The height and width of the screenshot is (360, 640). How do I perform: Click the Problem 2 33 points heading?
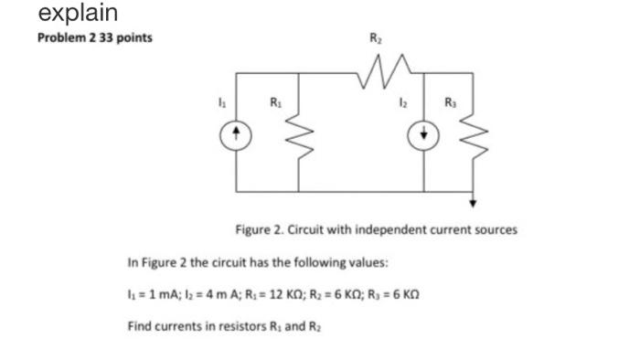point(94,38)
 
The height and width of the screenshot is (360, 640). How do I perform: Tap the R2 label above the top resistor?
point(374,39)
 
